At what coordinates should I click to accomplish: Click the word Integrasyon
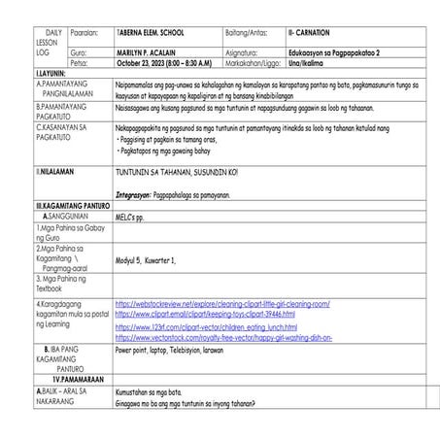(137, 194)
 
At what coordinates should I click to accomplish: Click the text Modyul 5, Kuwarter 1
(146, 260)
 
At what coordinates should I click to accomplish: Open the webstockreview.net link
(221, 304)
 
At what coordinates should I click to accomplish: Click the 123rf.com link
(206, 327)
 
